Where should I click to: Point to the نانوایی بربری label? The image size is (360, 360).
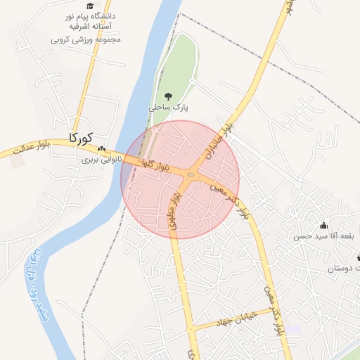pyautogui.click(x=102, y=160)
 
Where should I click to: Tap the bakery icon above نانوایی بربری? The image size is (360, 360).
pyautogui.click(x=102, y=149)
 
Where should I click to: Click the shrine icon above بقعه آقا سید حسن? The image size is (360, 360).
pyautogui.click(x=323, y=226)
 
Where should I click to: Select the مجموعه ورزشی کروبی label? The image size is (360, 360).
pyautogui.click(x=86, y=39)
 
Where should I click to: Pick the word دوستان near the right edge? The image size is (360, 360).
pyautogui.click(x=344, y=269)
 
